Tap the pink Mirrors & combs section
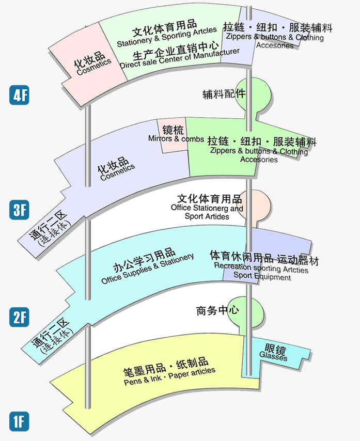[173, 135]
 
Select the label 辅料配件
[224, 94]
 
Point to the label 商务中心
[217, 311]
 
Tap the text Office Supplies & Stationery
[148, 269]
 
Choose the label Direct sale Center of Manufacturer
[179, 58]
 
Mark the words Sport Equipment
[262, 277]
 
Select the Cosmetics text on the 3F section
[117, 172]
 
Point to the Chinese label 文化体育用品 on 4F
[164, 24]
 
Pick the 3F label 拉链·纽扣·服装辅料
[262, 141]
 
